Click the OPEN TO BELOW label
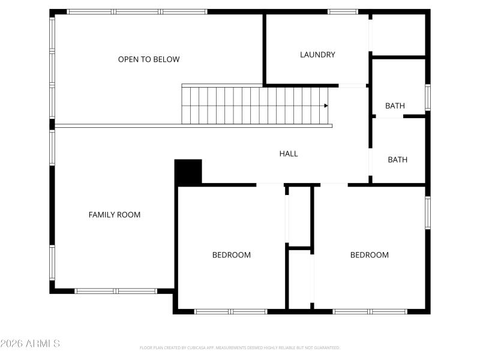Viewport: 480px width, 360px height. point(149,59)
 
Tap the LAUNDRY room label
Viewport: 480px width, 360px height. point(317,55)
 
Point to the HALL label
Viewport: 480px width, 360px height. point(289,154)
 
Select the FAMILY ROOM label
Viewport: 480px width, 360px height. point(115,215)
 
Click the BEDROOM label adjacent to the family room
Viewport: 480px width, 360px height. point(232,255)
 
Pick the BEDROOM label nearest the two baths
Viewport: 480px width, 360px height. point(370,255)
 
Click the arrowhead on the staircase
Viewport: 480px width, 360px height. point(326,106)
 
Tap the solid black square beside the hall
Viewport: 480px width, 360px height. point(188,172)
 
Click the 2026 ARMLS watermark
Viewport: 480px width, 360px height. point(30,344)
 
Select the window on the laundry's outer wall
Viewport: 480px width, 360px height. point(342,11)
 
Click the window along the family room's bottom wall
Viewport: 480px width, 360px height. point(116,291)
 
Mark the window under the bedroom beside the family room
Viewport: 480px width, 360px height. point(231,311)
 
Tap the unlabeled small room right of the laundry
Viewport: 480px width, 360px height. point(398,35)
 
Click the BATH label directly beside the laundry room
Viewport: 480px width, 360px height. point(395,106)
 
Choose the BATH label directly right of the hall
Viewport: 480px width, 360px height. point(397,160)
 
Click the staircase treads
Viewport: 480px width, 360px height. point(252,106)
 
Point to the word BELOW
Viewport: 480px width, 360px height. point(167,59)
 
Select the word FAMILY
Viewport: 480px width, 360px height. point(101,215)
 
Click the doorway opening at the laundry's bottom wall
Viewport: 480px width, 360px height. point(353,86)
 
